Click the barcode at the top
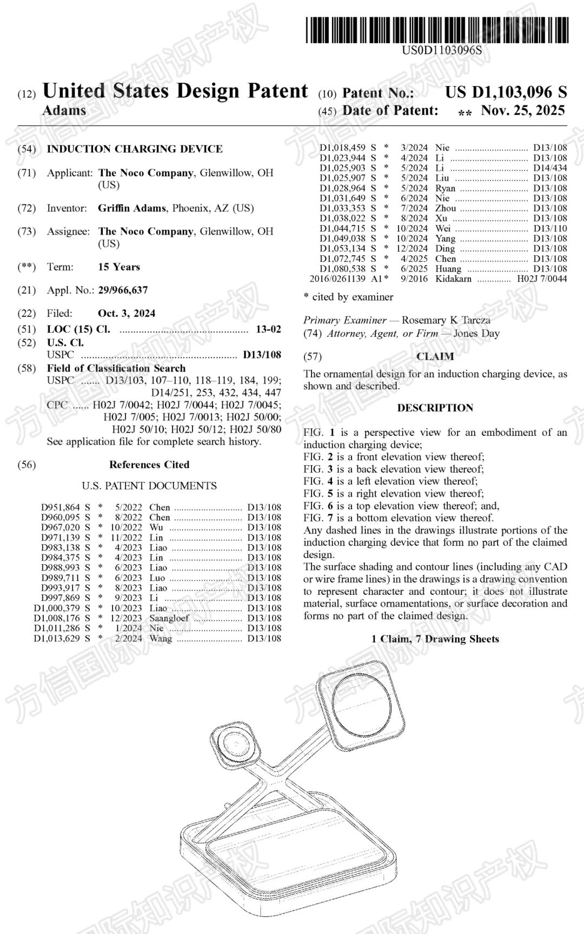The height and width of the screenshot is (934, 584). click(437, 30)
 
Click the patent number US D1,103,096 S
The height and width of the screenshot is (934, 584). click(506, 92)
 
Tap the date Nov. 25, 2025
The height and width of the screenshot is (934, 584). click(522, 111)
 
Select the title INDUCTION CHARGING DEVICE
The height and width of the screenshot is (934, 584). click(135, 149)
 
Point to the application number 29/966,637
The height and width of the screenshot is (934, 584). click(123, 290)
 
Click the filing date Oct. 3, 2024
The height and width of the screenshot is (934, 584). click(127, 313)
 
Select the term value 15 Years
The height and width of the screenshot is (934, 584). click(119, 267)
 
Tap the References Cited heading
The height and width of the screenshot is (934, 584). click(149, 465)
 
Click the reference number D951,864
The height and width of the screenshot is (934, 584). click(61, 507)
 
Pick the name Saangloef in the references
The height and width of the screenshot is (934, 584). click(169, 618)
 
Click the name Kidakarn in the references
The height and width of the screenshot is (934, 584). click(453, 279)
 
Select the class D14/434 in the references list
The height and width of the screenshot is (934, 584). click(550, 168)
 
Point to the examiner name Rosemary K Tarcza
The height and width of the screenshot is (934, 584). click(446, 320)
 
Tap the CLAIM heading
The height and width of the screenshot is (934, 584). click(435, 356)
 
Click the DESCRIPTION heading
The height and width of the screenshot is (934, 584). click(435, 408)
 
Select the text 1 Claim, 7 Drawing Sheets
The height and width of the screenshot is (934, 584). click(435, 639)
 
